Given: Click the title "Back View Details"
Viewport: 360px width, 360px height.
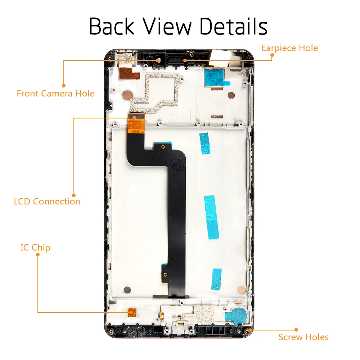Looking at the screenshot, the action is pyautogui.click(x=178, y=27).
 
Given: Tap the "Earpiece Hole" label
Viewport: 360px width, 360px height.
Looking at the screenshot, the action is pyautogui.click(x=289, y=48).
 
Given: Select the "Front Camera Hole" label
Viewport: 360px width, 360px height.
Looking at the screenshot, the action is pyautogui.click(x=55, y=94).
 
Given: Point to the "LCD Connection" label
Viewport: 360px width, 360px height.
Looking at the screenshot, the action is pyautogui.click(x=47, y=201).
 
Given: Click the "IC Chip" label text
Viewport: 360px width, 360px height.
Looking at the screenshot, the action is pyautogui.click(x=35, y=248).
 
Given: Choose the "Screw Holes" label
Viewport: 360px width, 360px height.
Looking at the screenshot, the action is pyautogui.click(x=303, y=337).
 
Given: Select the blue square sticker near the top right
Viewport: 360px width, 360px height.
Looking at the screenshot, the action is pyautogui.click(x=215, y=77).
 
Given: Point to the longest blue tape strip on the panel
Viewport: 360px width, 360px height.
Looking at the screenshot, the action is pyautogui.click(x=211, y=217).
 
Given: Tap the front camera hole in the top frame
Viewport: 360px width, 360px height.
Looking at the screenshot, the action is pyautogui.click(x=157, y=59).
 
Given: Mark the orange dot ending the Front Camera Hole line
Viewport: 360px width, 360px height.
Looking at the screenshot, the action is pyautogui.click(x=64, y=86).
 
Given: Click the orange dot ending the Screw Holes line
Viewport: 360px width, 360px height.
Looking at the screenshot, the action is pyautogui.click(x=296, y=329).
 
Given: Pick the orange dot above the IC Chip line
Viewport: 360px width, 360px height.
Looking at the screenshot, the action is pyautogui.click(x=38, y=255).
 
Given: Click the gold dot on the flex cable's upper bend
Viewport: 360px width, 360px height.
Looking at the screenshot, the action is pyautogui.click(x=163, y=147).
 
